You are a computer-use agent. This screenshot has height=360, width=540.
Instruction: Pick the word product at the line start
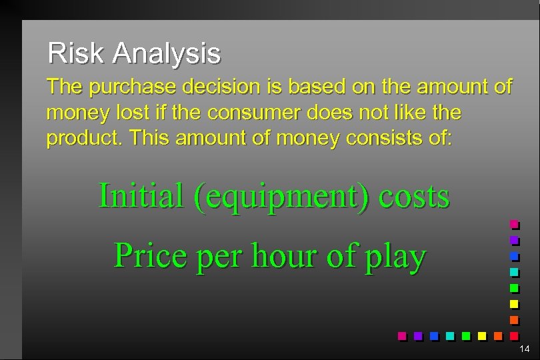(x=85, y=139)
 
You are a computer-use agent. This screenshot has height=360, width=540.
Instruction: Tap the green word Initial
(x=141, y=196)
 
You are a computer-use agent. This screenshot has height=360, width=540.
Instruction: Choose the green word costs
(x=414, y=196)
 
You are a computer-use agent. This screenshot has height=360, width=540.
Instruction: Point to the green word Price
(x=151, y=255)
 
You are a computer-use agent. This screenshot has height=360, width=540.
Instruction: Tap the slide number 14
(x=524, y=349)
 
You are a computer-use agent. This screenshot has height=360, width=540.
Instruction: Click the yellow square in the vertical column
(x=514, y=304)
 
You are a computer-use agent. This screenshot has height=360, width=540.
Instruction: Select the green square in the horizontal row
(x=466, y=335)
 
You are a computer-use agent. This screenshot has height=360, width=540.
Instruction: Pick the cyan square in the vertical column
(x=514, y=272)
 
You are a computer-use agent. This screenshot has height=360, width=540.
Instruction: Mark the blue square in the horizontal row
(x=434, y=335)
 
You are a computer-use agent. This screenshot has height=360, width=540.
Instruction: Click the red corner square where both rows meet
(x=514, y=335)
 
